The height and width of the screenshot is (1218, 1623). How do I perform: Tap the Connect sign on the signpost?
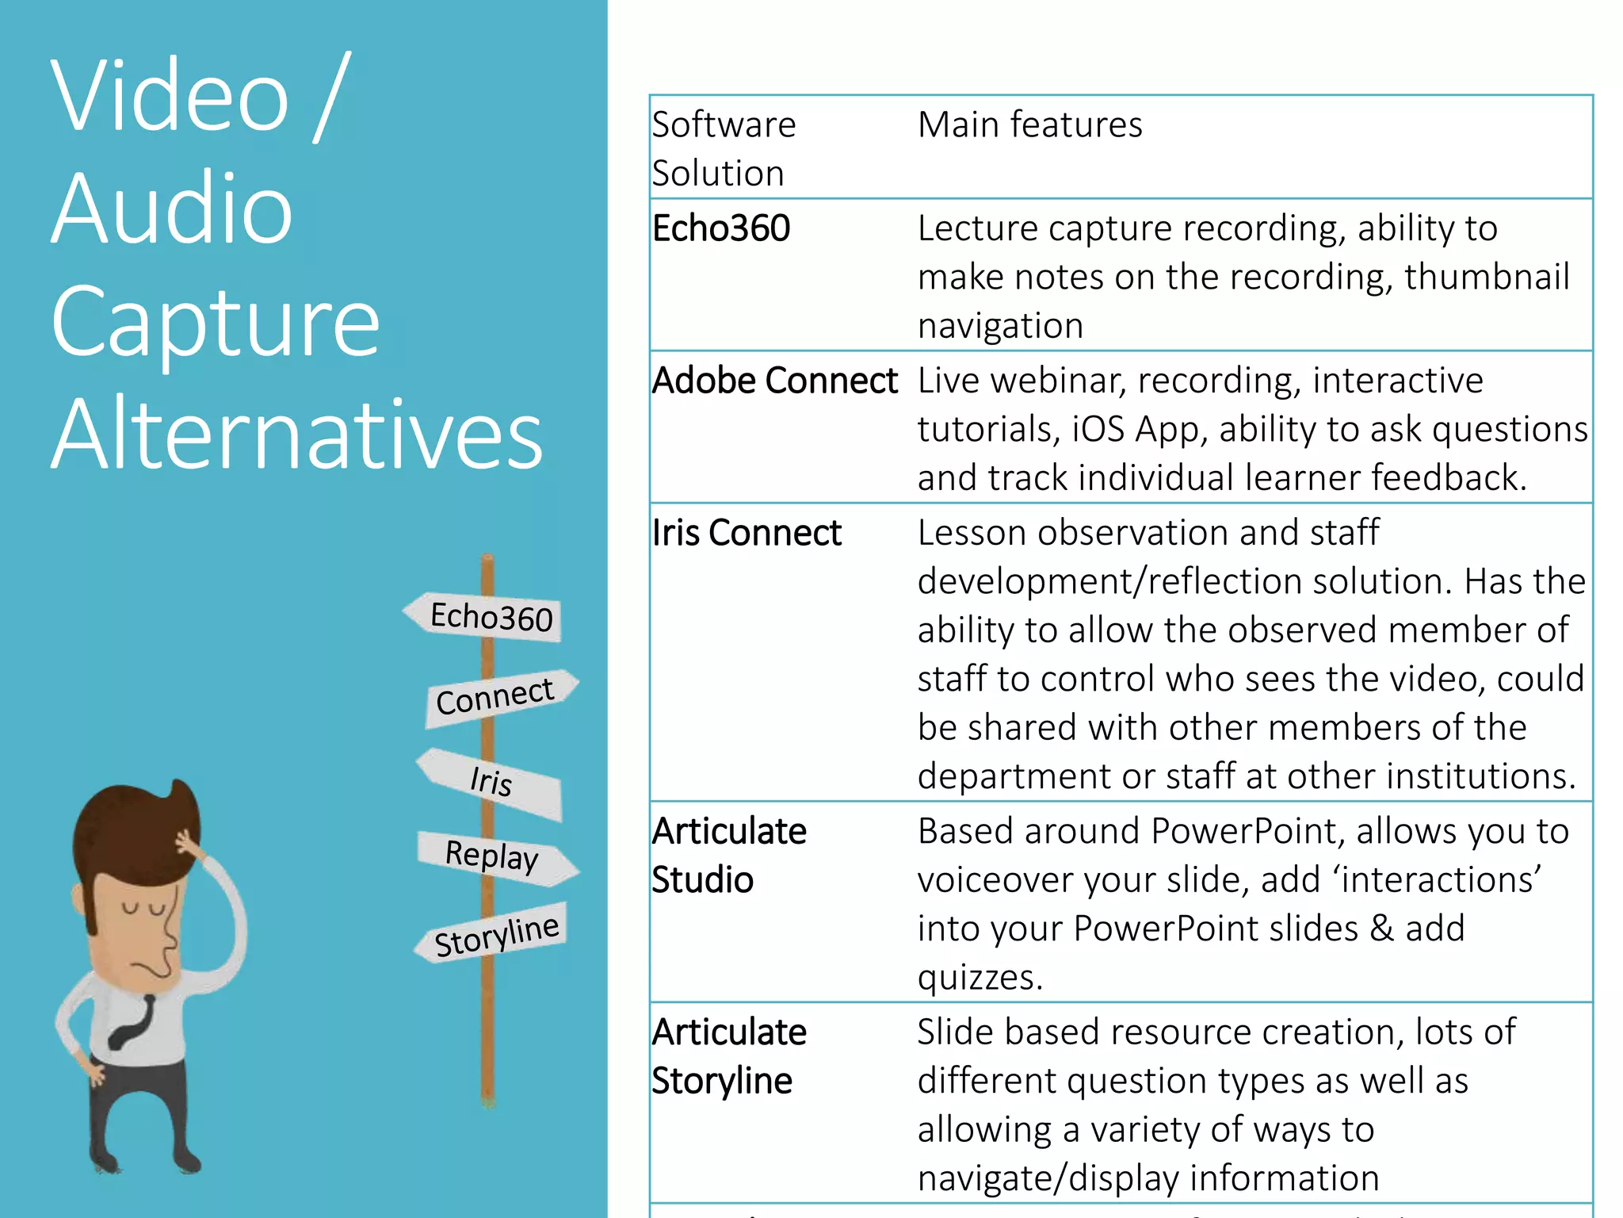point(498,695)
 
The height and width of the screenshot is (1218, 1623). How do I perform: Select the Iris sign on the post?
point(491,782)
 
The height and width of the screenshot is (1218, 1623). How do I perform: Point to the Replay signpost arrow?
point(495,856)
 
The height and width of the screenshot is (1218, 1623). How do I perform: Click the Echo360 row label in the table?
point(720,228)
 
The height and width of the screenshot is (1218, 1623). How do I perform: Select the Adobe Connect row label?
point(774,381)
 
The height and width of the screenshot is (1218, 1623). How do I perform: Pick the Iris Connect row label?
point(746,533)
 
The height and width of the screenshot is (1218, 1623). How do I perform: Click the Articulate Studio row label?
point(728,855)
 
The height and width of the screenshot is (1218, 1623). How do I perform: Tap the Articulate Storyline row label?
point(728,1056)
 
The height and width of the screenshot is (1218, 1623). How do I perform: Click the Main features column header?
point(1029,125)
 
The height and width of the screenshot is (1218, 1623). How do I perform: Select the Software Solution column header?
point(723,149)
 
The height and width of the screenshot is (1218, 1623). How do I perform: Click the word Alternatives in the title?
point(296,435)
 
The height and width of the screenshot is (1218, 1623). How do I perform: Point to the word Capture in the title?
point(216,322)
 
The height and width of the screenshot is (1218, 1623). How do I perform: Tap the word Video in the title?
point(170,97)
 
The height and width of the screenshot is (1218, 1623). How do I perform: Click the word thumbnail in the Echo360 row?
point(1487,277)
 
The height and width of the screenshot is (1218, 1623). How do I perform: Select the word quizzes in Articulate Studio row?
point(980,977)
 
